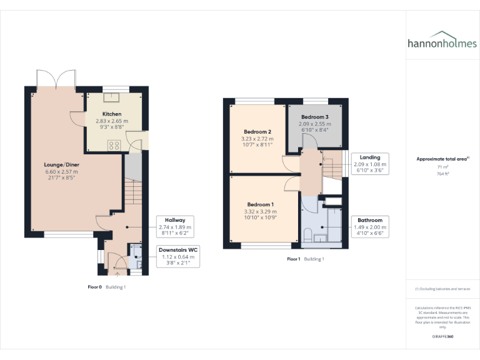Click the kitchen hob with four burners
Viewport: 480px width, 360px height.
(115, 144)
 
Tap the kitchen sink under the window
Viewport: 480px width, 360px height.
(116, 96)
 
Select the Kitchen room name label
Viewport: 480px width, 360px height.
(112, 114)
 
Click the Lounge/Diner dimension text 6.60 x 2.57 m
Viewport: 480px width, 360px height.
(61, 172)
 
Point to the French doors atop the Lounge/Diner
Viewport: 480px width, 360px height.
(56, 79)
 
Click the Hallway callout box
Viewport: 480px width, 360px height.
(175, 226)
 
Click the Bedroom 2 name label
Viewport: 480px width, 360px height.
(257, 132)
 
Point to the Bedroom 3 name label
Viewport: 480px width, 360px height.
(314, 117)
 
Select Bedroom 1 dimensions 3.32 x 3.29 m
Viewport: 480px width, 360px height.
(261, 212)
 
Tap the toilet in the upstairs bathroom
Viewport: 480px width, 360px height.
(307, 234)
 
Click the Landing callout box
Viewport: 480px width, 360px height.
(370, 163)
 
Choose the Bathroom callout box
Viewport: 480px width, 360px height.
(370, 226)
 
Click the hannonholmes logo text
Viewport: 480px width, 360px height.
(442, 44)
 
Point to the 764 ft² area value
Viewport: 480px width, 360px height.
(442, 174)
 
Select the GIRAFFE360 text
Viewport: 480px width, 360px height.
(442, 336)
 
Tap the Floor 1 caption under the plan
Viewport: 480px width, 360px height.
(294, 259)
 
